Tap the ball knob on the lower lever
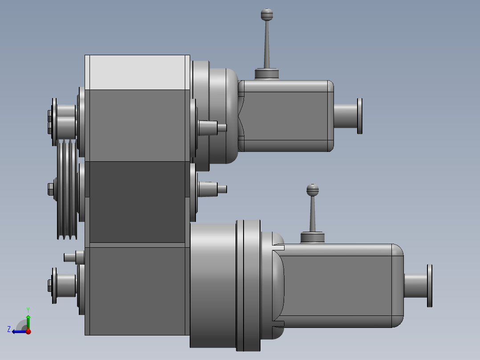(x=313, y=190)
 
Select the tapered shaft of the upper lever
(x=267, y=45)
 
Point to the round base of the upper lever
(x=266, y=74)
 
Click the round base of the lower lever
(x=313, y=237)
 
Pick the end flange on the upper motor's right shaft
(x=359, y=115)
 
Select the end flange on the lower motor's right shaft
(x=430, y=286)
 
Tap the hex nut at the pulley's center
(x=50, y=189)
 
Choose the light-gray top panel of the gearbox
(x=137, y=72)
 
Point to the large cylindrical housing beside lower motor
(x=212, y=285)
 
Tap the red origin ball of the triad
(x=28, y=331)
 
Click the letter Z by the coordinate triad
(x=9, y=329)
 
